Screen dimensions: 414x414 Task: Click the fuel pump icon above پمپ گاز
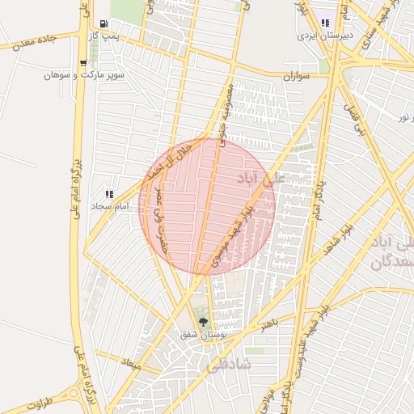(x=104, y=24)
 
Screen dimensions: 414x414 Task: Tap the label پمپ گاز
(x=104, y=36)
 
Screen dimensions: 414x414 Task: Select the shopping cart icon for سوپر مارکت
(x=84, y=63)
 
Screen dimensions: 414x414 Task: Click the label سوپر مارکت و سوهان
(x=78, y=75)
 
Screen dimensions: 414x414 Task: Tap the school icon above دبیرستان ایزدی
(x=325, y=23)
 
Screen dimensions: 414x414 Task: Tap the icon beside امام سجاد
(x=109, y=194)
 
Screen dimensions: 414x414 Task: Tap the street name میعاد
(x=130, y=365)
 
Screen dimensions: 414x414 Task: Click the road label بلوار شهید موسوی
(x=232, y=234)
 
